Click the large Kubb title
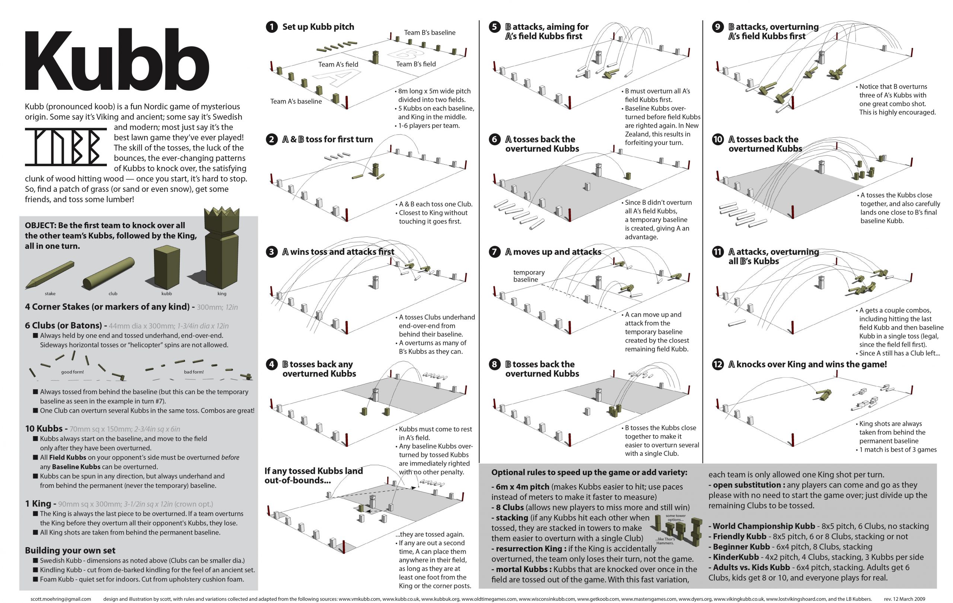click(x=117, y=61)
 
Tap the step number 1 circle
click(x=271, y=27)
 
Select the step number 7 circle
click(x=494, y=252)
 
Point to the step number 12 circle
click(x=717, y=364)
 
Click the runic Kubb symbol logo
click(x=66, y=146)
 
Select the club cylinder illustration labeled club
click(x=108, y=273)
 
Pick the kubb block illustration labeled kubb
click(x=167, y=267)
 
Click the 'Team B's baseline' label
click(x=429, y=32)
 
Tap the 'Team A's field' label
click(x=338, y=64)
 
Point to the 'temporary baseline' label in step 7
click(x=529, y=276)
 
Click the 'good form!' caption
click(x=73, y=372)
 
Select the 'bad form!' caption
click(x=194, y=372)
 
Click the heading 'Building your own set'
click(x=70, y=550)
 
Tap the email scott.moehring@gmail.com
click(x=61, y=599)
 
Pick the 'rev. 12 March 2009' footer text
click(x=904, y=599)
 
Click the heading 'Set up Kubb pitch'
click(x=318, y=27)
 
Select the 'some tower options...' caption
click(x=675, y=517)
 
